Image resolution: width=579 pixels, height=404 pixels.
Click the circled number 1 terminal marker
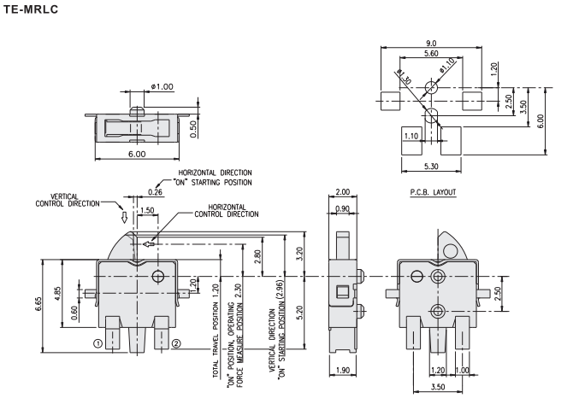point(98,344)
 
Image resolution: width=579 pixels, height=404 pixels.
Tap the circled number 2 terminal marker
point(177,344)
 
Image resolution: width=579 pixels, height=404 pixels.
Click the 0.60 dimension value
point(74,315)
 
